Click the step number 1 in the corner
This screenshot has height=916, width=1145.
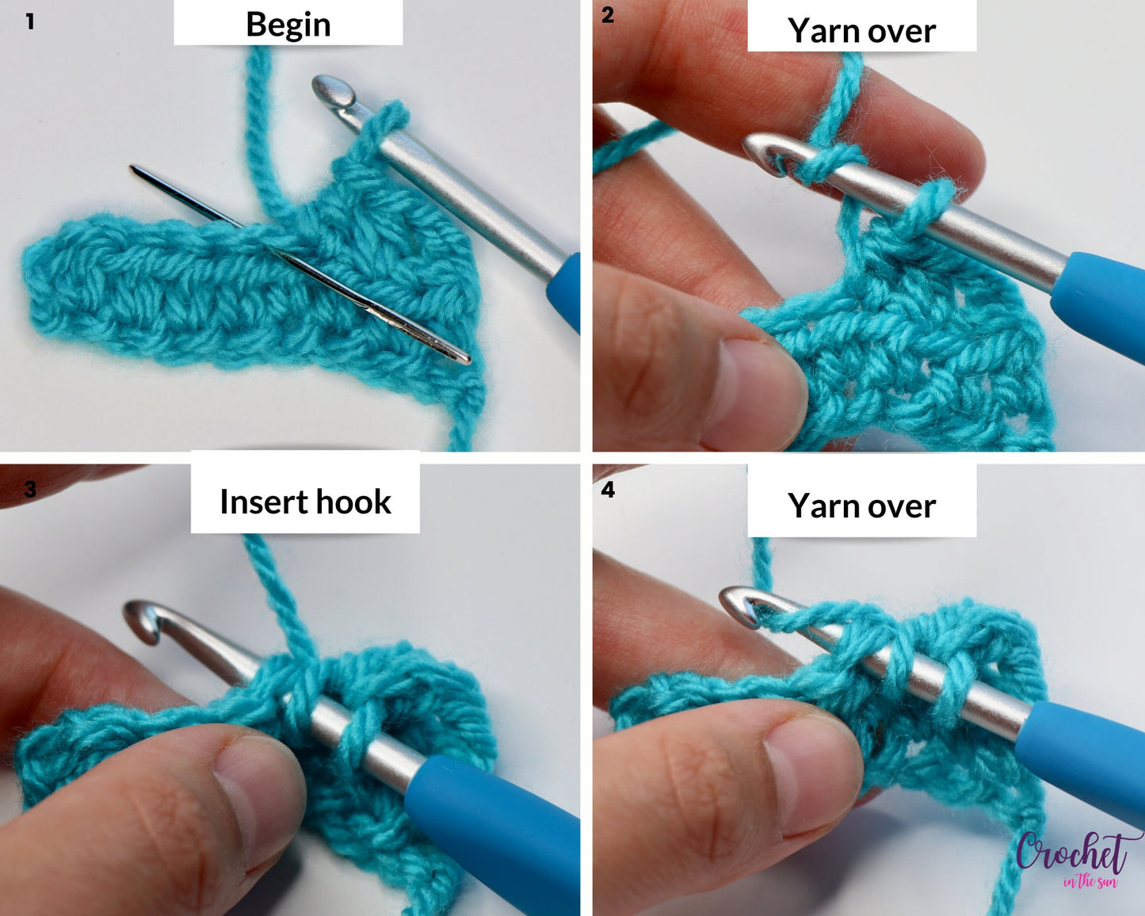point(29,21)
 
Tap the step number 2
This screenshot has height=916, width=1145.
point(607,15)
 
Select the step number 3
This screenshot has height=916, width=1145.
point(30,489)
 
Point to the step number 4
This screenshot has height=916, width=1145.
point(607,490)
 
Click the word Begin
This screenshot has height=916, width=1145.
point(288,25)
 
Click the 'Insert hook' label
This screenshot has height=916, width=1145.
point(305,502)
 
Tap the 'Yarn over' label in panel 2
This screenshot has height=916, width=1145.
point(861,31)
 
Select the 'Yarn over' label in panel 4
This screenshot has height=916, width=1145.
point(861,506)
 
